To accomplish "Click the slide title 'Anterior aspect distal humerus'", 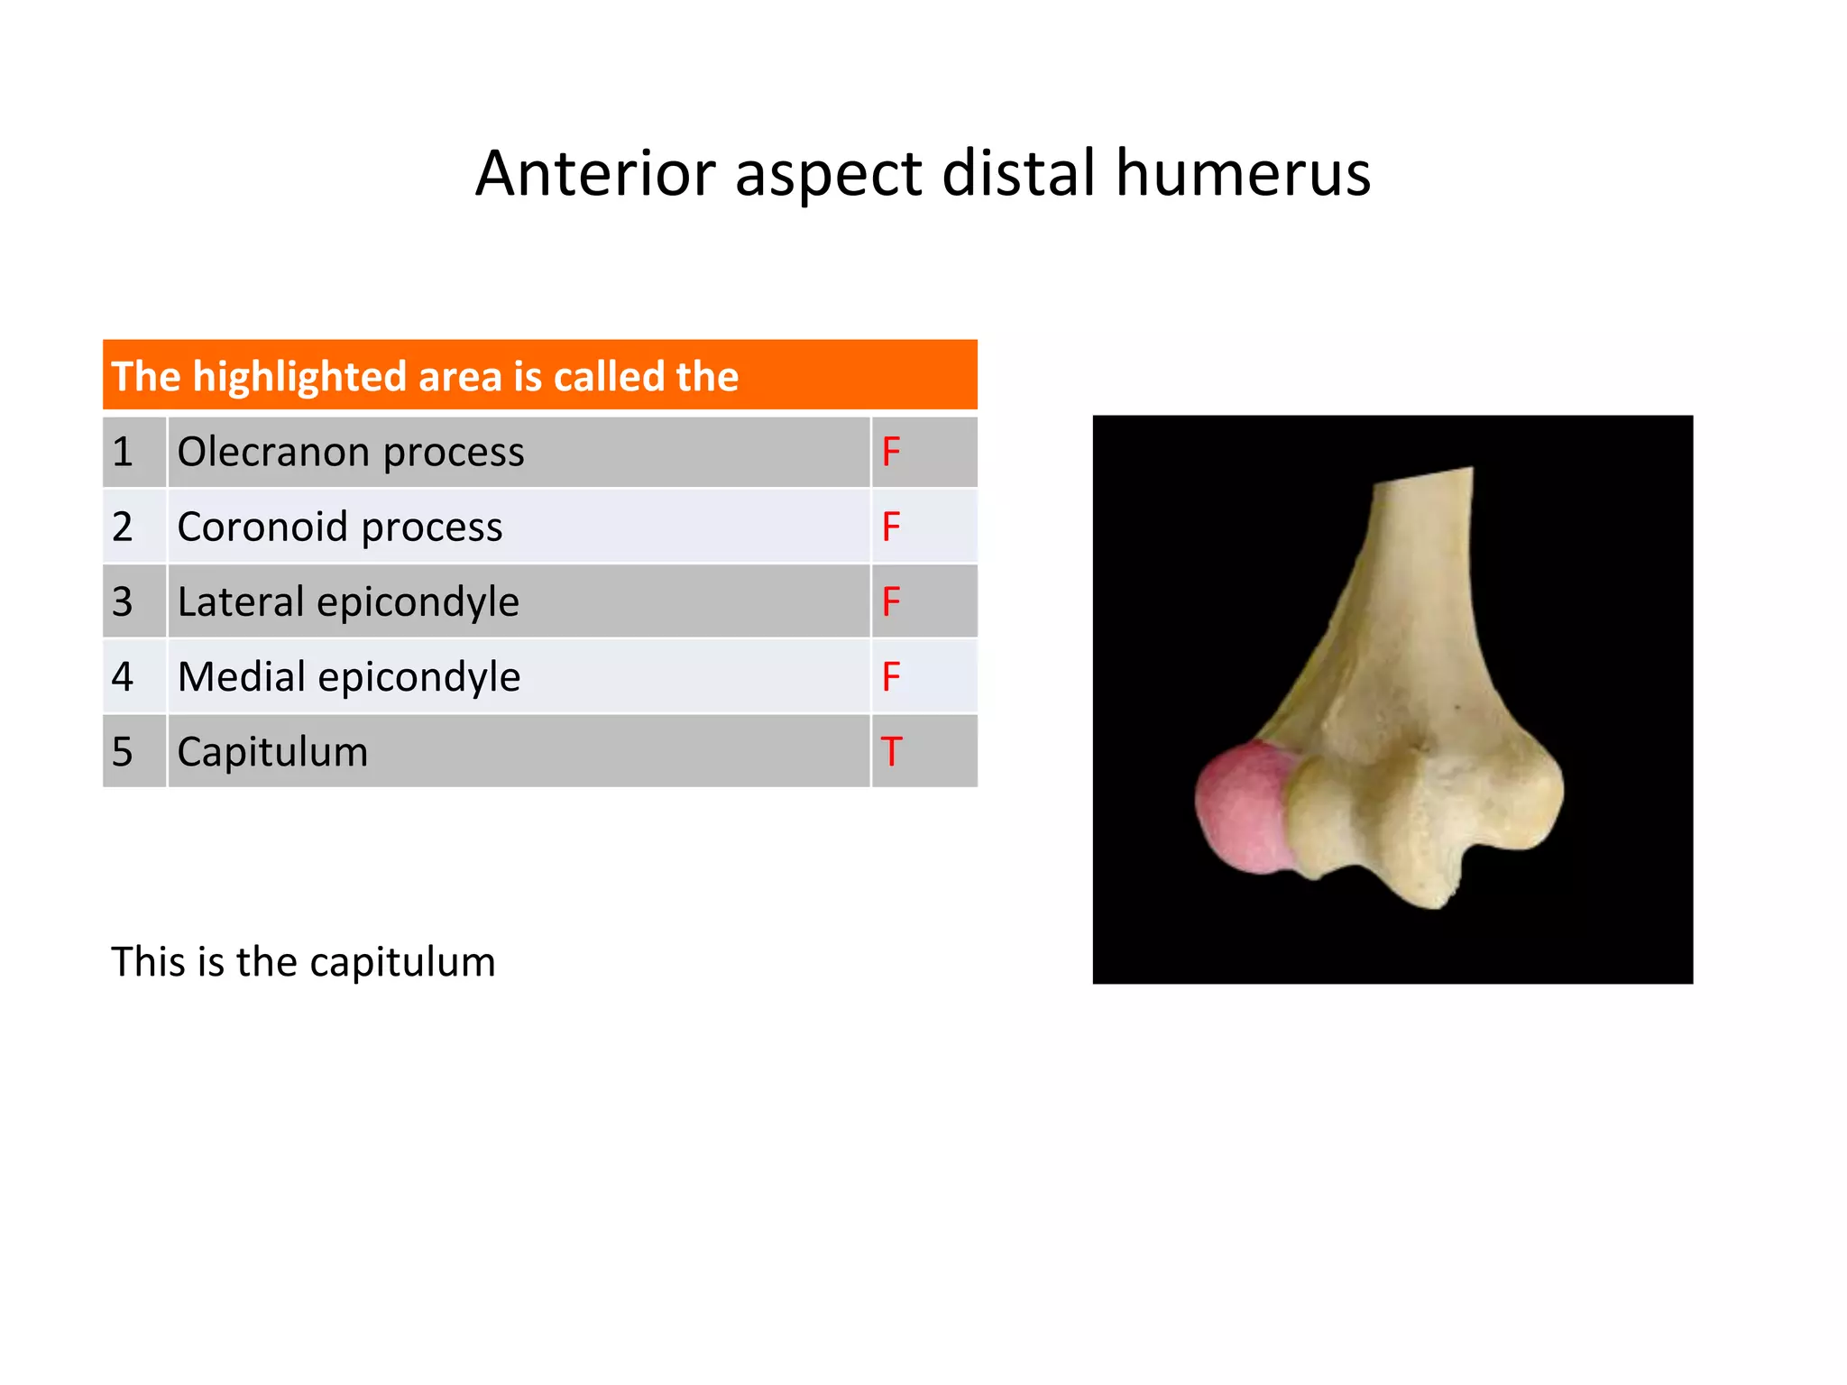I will coord(923,172).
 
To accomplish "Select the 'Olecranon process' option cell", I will coord(350,452).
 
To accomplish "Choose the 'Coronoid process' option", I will coord(339,527).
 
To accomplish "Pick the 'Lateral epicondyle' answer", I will coord(348,601).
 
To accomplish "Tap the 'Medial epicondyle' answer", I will coord(349,676).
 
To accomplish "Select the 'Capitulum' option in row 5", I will coord(272,752).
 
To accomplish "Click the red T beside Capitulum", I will coord(891,752).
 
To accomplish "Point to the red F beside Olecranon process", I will coord(891,452).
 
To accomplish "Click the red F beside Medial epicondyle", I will coord(891,676).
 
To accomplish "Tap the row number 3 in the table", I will coord(123,601).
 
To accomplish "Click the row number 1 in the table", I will coord(123,452).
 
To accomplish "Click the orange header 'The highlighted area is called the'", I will coord(539,376).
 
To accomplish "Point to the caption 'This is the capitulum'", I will coord(303,962).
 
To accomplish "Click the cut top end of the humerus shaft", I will coord(1423,477).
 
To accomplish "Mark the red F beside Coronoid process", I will coord(891,527).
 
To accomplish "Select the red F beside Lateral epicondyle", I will coord(891,601).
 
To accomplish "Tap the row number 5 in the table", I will coord(123,752).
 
